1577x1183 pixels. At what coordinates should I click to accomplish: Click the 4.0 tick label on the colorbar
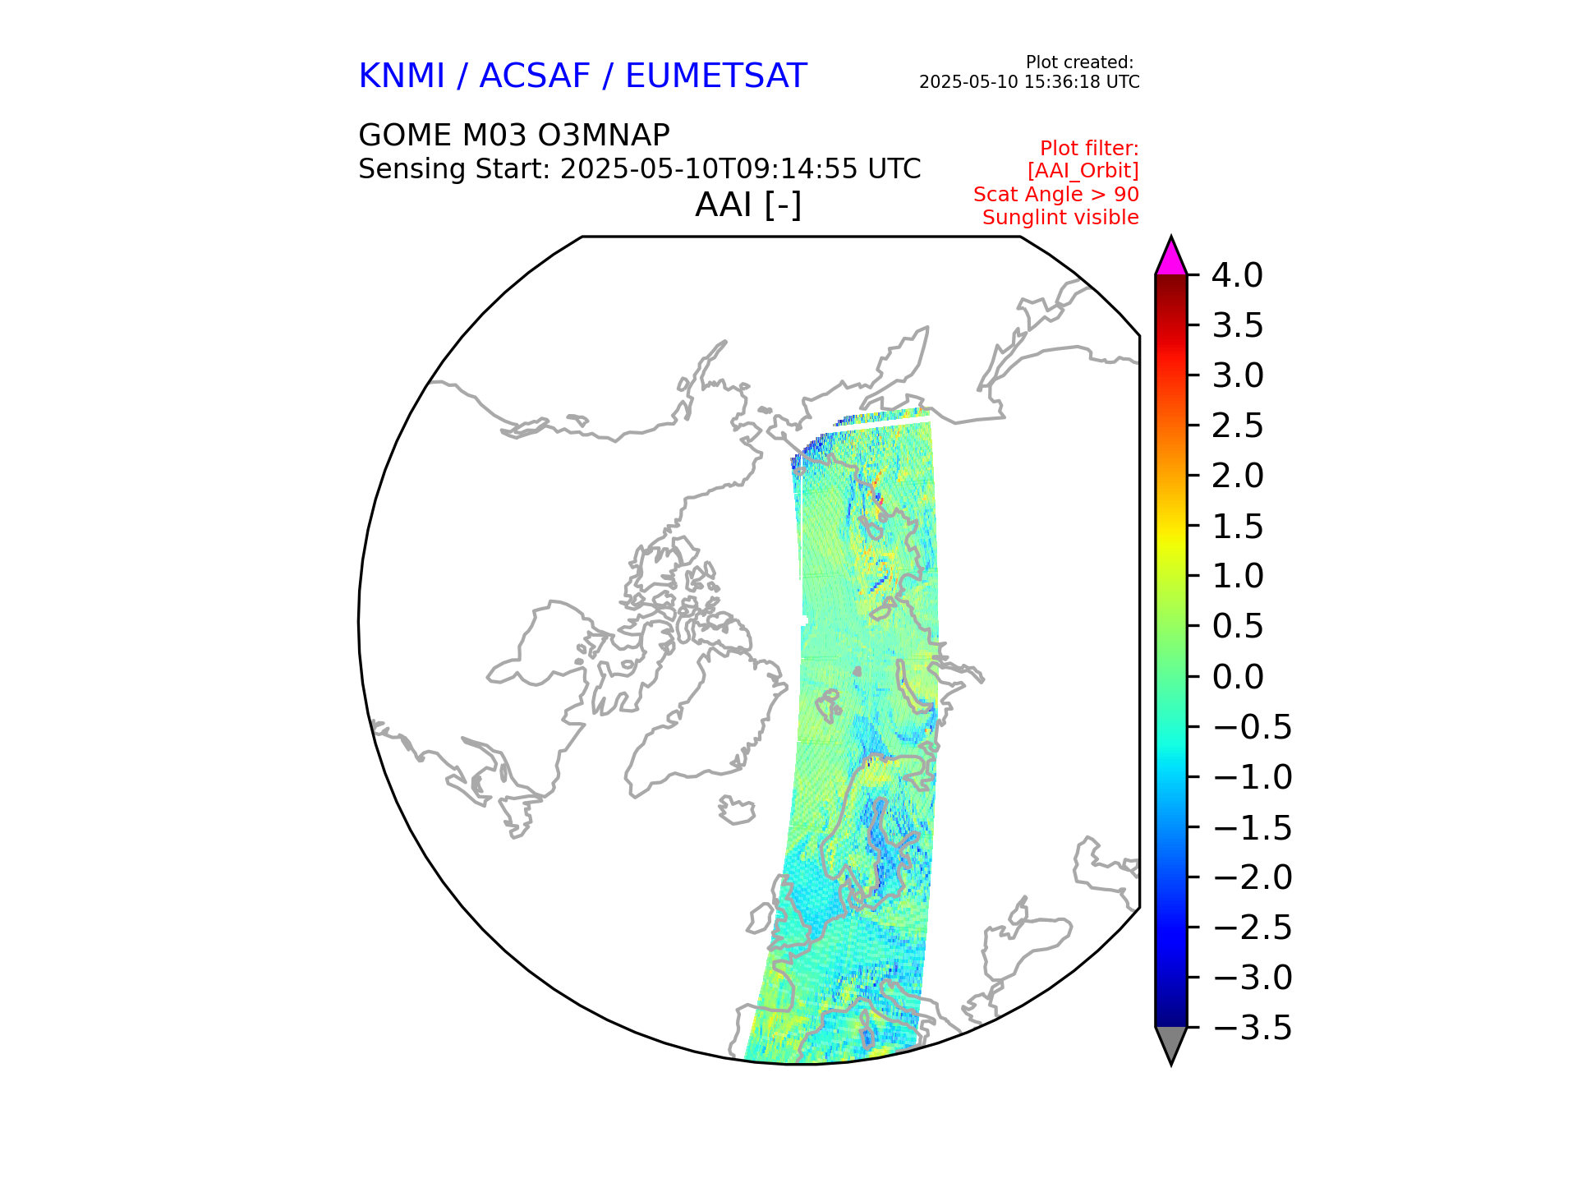[x=1237, y=275]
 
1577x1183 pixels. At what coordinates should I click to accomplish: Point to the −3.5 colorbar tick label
[x=1252, y=1028]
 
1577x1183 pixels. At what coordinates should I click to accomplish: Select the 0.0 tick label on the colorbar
[x=1237, y=677]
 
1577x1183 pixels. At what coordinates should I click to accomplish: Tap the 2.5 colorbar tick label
[x=1237, y=426]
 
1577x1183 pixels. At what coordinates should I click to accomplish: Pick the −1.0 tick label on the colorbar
[x=1252, y=777]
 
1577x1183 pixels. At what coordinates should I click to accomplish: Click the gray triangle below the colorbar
[x=1170, y=1043]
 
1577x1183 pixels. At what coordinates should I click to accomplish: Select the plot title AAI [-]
[x=747, y=205]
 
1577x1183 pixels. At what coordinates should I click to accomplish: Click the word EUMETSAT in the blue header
[x=715, y=76]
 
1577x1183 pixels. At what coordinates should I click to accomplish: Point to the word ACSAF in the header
[x=534, y=76]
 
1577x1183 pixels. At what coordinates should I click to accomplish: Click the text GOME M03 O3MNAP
[x=513, y=135]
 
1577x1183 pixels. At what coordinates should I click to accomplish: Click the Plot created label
[x=1079, y=62]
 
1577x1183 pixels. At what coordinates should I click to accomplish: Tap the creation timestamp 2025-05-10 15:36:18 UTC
[x=1029, y=82]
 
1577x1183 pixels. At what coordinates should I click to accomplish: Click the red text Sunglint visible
[x=1060, y=218]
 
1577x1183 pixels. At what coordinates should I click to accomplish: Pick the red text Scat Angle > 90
[x=1055, y=195]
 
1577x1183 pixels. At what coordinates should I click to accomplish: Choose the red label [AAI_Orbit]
[x=1083, y=171]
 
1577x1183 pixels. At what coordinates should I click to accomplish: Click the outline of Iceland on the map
[x=737, y=810]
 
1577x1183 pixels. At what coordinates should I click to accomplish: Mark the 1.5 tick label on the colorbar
[x=1237, y=527]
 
